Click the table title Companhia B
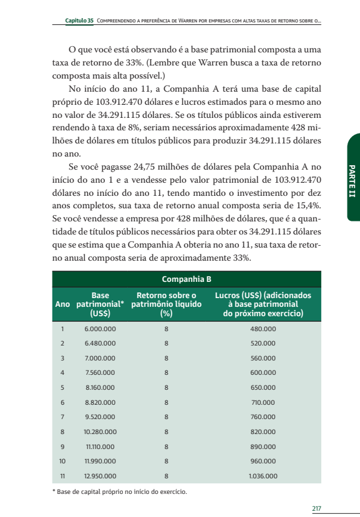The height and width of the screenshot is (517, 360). tap(187, 279)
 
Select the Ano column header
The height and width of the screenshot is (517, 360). tap(62, 304)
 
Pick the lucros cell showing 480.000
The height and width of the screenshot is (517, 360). tap(263, 329)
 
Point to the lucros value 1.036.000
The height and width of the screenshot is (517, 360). tap(263, 476)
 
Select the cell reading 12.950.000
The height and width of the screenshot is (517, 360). tap(100, 476)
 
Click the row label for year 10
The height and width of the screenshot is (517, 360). tap(62, 461)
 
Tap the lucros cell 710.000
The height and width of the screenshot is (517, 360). tap(263, 402)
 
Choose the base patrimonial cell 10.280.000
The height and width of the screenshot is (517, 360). tap(100, 432)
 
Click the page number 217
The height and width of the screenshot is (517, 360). tap(316, 508)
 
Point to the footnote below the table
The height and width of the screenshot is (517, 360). tap(119, 492)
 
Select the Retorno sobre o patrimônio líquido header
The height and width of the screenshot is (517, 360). tap(166, 304)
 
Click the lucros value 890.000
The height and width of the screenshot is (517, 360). tap(263, 447)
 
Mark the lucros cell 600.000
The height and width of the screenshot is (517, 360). tap(263, 373)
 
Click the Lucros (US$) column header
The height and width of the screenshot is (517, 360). tap(263, 304)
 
